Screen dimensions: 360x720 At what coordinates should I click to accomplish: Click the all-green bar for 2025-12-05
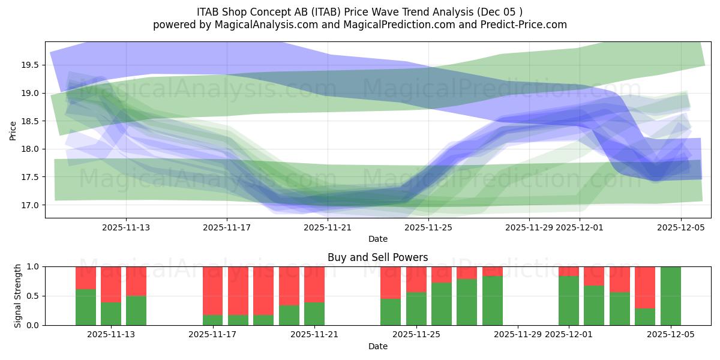click(670, 296)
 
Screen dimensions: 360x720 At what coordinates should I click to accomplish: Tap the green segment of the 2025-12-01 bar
click(568, 301)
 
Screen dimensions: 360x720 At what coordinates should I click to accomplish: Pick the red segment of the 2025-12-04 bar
click(645, 287)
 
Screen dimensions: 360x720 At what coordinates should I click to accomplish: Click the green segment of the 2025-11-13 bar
click(136, 311)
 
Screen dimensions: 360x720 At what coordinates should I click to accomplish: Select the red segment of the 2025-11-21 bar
click(314, 284)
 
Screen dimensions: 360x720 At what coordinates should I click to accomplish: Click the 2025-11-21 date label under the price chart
click(328, 227)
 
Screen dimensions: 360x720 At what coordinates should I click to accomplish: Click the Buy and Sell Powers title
click(377, 257)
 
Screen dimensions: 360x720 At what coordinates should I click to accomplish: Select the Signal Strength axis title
click(17, 296)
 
